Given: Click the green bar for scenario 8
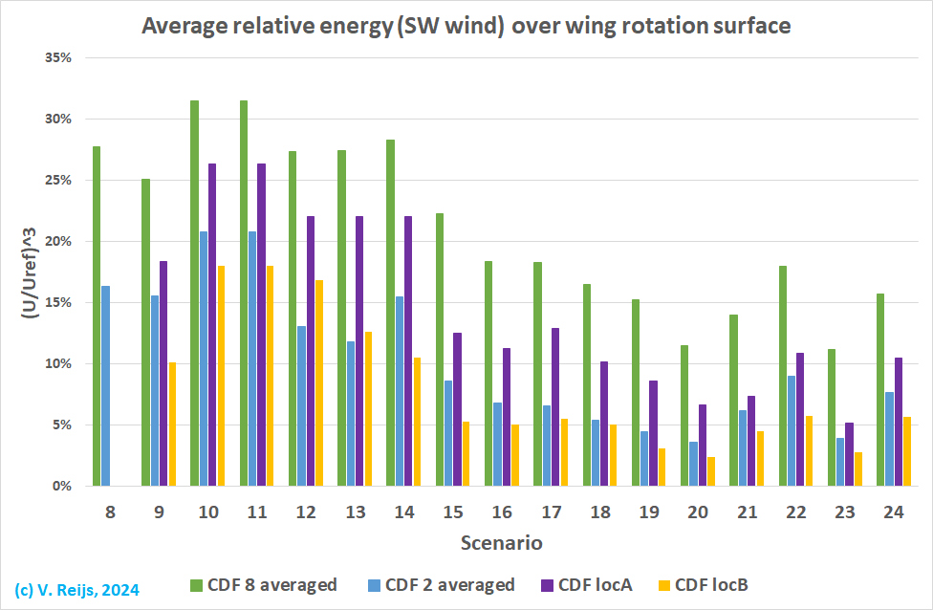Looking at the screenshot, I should pyautogui.click(x=97, y=316).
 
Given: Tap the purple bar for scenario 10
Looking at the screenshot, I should pyautogui.click(x=212, y=325).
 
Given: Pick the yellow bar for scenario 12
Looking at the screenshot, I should pyautogui.click(x=318, y=382).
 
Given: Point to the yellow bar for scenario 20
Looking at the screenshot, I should pyautogui.click(x=710, y=471).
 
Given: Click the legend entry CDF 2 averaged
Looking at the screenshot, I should pyautogui.click(x=444, y=585).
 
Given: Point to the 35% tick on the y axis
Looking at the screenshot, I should pyautogui.click(x=59, y=57).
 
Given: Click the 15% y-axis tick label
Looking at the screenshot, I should pyautogui.click(x=59, y=302).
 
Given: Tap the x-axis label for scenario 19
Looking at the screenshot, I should pyautogui.click(x=649, y=513).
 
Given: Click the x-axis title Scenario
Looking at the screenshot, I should pyautogui.click(x=502, y=544).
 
